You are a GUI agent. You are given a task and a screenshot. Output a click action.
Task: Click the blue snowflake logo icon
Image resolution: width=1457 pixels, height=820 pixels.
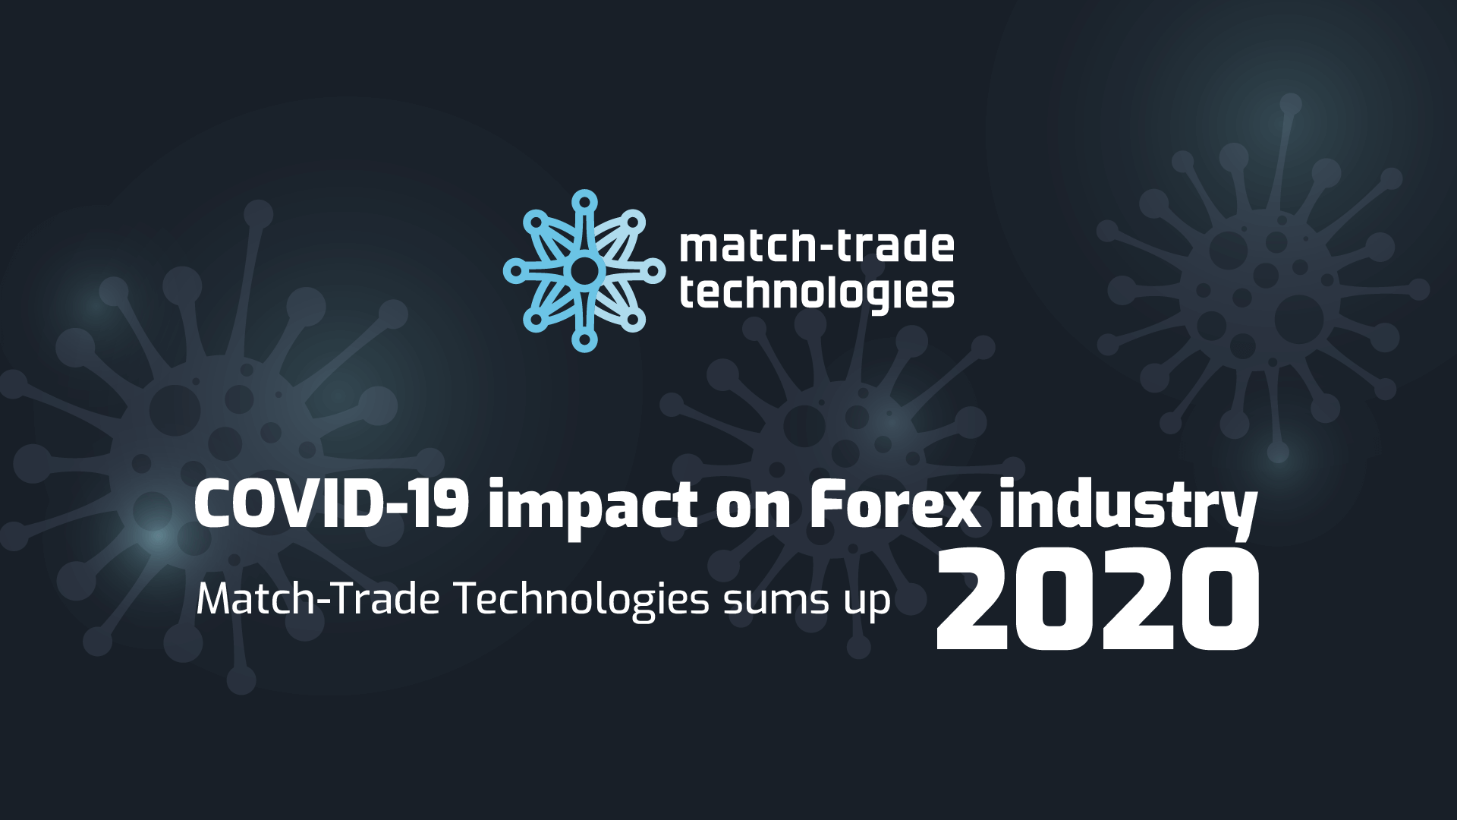(x=584, y=270)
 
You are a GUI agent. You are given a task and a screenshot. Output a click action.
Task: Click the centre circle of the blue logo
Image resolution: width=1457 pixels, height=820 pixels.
(x=584, y=270)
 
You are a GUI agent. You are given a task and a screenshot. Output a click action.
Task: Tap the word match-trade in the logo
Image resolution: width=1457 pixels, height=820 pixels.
(x=817, y=248)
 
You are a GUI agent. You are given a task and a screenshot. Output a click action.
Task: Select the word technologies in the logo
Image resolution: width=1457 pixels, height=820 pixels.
(x=817, y=294)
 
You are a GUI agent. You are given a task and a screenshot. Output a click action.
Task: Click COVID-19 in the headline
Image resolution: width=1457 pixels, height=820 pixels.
(x=330, y=505)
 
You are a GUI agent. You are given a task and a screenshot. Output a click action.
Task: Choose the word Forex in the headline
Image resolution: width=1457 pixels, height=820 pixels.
(x=895, y=505)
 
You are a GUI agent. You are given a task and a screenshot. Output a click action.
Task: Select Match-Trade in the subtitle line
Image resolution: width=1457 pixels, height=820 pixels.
(x=318, y=600)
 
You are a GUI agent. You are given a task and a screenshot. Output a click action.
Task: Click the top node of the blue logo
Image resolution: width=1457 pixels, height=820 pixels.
(x=584, y=201)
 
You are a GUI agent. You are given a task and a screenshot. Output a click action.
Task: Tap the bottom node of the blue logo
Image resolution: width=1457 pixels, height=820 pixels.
(x=584, y=341)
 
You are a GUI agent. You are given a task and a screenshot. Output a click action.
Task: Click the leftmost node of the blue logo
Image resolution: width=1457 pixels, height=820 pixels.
(x=514, y=270)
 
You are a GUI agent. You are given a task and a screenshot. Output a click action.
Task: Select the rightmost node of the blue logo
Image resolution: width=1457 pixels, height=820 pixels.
(x=653, y=270)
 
